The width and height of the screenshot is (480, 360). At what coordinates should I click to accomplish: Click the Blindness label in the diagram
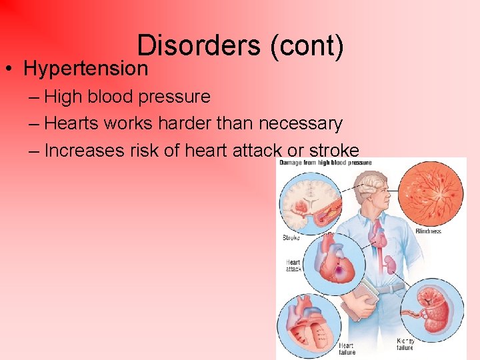[428, 231]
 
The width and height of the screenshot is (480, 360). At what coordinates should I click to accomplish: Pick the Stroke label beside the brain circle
[291, 237]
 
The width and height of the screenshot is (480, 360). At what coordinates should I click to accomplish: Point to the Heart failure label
[347, 349]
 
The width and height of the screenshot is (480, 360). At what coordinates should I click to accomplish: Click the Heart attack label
[293, 265]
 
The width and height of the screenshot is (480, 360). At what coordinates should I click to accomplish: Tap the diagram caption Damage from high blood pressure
[325, 162]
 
